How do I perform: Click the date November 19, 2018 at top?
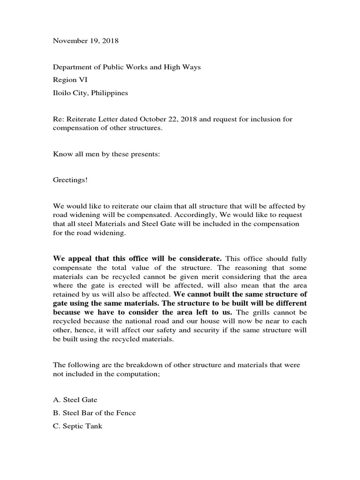(x=85, y=41)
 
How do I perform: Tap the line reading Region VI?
(x=70, y=80)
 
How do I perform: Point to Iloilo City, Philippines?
(x=90, y=93)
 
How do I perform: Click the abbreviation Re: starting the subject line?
(x=58, y=119)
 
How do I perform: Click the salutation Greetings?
(x=70, y=180)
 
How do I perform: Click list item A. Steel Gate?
(x=75, y=400)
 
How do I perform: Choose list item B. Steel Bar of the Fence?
(x=94, y=413)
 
